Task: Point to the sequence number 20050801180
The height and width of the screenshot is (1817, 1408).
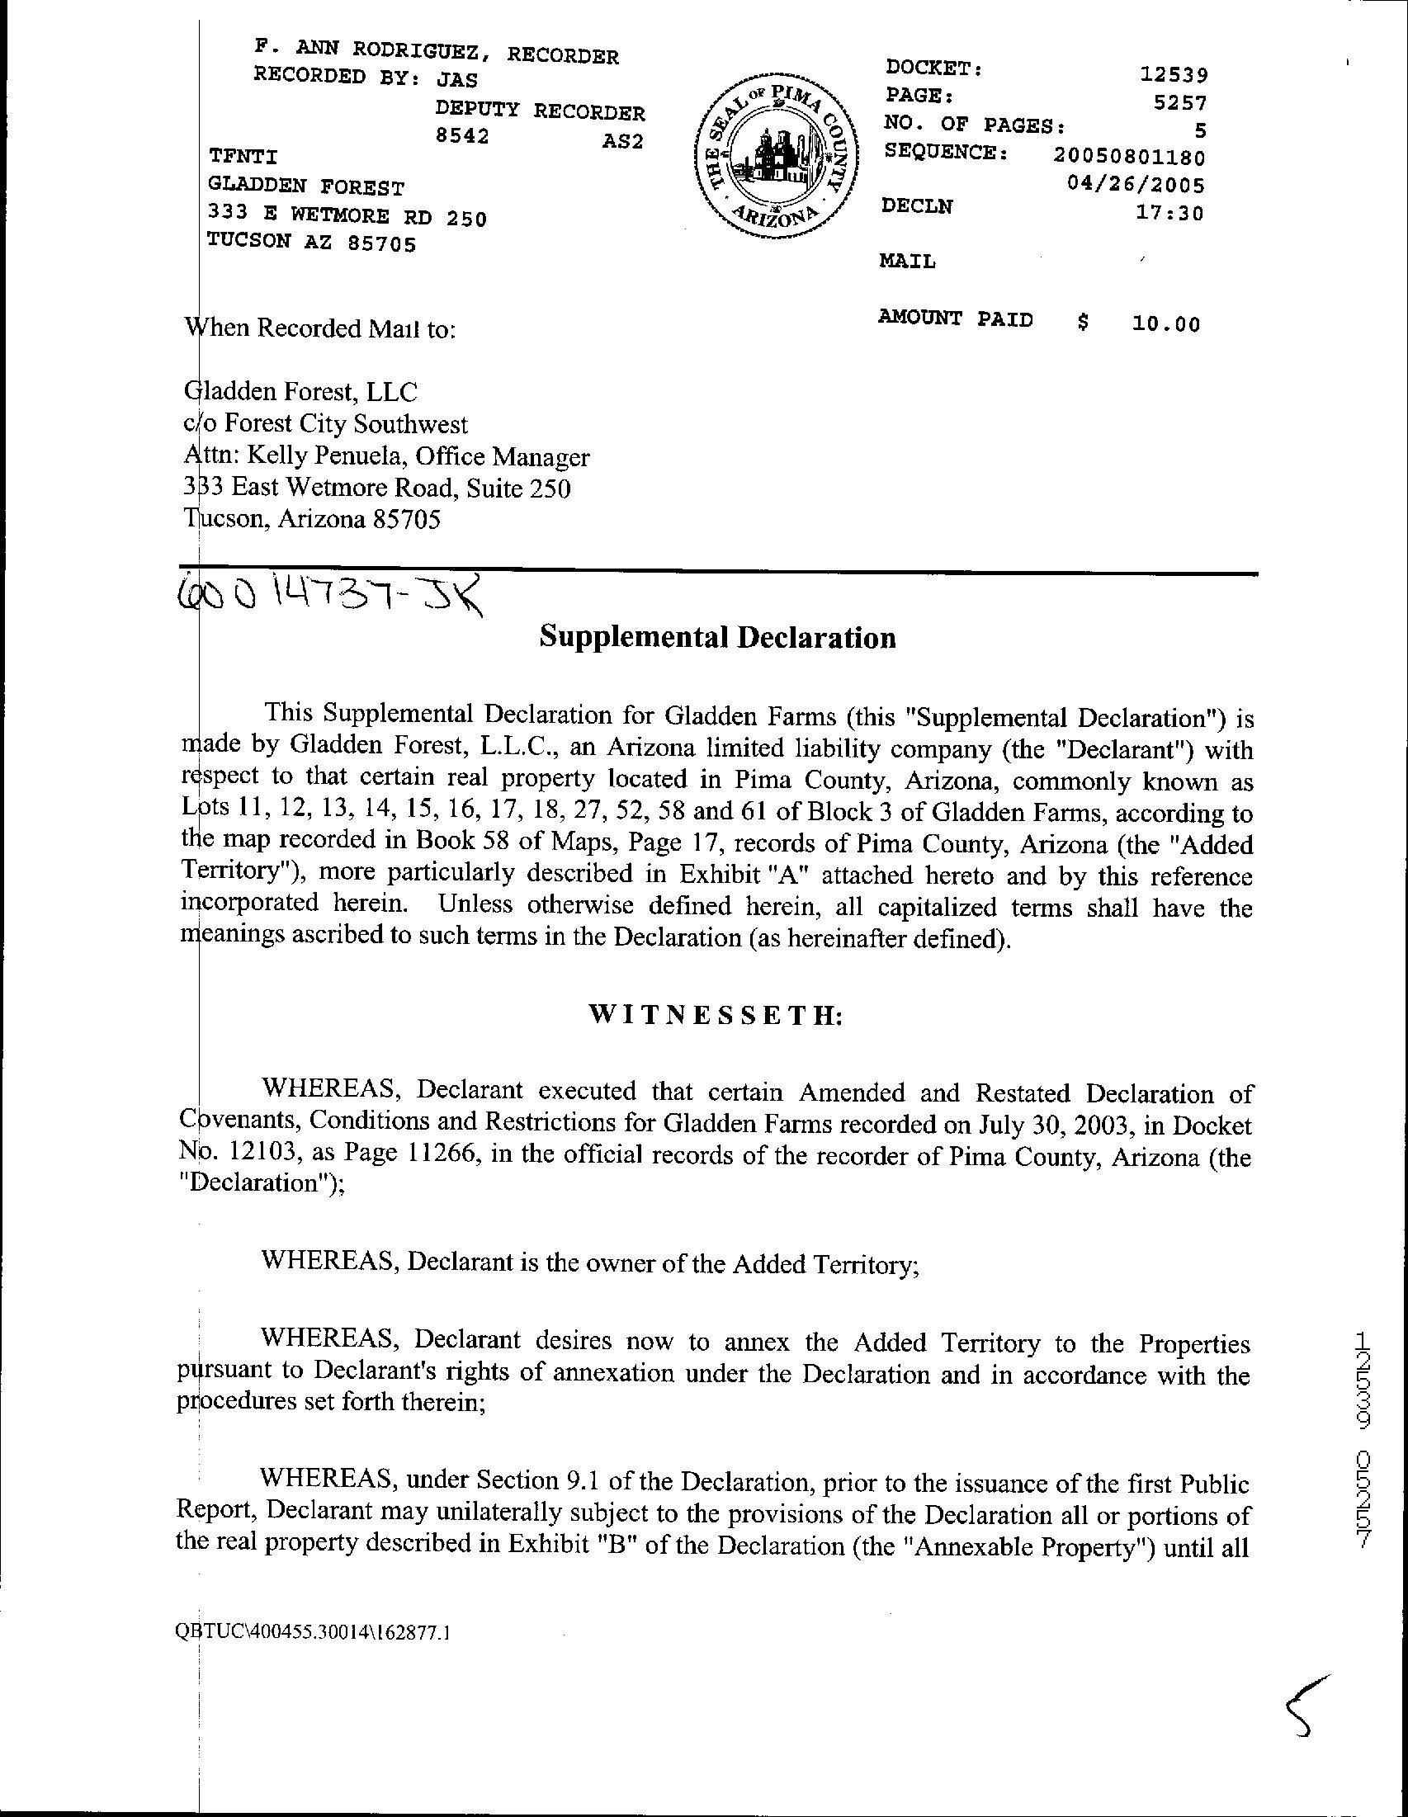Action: click(1128, 156)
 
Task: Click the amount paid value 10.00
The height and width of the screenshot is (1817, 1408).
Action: click(1166, 323)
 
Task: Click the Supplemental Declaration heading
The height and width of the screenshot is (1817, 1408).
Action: click(717, 637)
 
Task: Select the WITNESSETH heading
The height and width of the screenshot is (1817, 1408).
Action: click(716, 1016)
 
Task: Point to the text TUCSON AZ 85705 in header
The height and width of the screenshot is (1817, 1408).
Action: click(311, 243)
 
